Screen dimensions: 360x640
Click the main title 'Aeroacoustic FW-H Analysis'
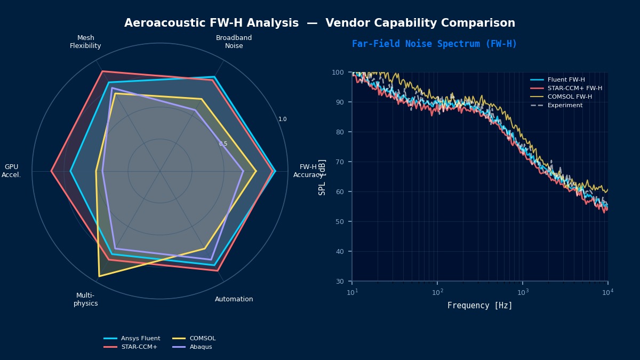click(x=211, y=23)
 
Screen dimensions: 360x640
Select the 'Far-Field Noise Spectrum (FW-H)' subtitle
click(x=434, y=44)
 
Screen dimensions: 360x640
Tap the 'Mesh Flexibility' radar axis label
click(x=85, y=42)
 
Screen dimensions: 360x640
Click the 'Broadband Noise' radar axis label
click(x=234, y=42)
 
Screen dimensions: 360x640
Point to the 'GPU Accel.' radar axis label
click(x=11, y=171)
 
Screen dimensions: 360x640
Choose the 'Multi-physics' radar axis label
click(x=85, y=299)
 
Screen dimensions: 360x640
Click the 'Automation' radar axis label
click(x=234, y=299)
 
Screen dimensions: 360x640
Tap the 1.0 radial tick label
click(x=282, y=119)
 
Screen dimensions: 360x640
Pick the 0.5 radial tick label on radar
click(x=223, y=144)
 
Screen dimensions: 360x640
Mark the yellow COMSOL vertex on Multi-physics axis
click(x=99, y=276)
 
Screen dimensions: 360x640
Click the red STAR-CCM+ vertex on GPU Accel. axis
click(x=51, y=171)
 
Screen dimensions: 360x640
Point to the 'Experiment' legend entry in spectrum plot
click(x=565, y=105)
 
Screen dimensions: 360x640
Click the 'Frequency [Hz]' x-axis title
click(x=479, y=306)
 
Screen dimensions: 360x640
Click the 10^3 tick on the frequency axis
click(x=523, y=292)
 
